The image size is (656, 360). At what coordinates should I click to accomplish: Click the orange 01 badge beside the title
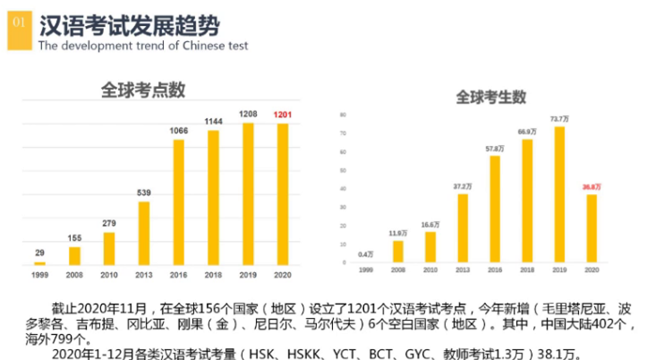[x=20, y=27]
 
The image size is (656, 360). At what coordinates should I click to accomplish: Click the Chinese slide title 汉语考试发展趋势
[x=130, y=24]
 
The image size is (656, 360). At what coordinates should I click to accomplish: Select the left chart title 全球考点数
[x=143, y=90]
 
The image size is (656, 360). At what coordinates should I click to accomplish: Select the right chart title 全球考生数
[x=491, y=97]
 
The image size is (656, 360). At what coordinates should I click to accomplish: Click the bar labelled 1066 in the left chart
[x=179, y=201]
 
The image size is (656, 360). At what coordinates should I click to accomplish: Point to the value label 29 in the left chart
[x=39, y=253]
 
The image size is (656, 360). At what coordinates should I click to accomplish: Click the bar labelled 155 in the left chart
[x=74, y=255]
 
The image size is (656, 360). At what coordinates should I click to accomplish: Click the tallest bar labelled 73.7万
[x=559, y=195]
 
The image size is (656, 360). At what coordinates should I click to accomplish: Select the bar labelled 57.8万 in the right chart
[x=494, y=210]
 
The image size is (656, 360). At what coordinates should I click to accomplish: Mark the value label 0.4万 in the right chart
[x=365, y=254]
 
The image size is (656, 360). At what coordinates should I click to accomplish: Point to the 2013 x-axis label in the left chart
[x=143, y=274]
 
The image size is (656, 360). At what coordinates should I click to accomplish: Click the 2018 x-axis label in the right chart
[x=527, y=270]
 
